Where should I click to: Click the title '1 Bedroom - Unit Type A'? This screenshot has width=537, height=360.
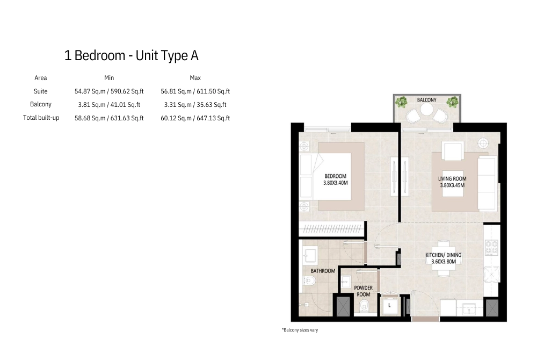[132, 55]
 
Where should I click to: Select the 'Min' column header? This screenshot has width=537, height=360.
[109, 78]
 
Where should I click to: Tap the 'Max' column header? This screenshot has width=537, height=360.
[195, 78]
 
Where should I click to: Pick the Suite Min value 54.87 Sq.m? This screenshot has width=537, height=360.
[109, 91]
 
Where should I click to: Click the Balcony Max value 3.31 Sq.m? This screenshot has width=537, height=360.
[195, 105]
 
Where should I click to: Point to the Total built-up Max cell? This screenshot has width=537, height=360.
[195, 118]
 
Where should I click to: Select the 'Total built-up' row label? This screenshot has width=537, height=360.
[41, 118]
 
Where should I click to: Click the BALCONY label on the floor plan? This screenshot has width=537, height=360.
[427, 100]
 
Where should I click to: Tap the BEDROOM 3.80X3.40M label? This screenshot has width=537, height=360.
[336, 179]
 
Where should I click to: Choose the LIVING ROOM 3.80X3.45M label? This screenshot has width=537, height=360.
[452, 182]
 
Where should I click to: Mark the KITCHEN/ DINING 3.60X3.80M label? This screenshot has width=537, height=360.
[444, 258]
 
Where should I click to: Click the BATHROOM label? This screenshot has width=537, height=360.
[323, 271]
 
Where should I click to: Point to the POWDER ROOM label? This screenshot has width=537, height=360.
[364, 291]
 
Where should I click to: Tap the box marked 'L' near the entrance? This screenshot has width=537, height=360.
[389, 306]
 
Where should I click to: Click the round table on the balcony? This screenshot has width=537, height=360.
[427, 110]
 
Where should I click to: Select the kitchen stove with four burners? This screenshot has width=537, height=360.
[491, 247]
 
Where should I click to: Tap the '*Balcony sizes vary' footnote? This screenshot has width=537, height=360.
[300, 330]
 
